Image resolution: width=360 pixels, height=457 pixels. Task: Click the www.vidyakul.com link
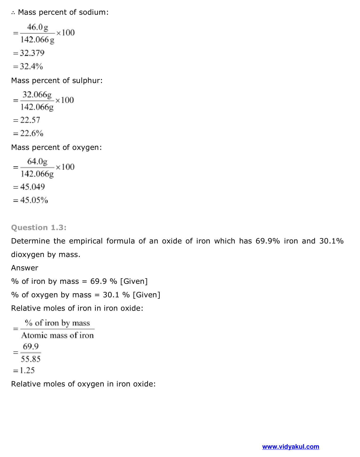click(290, 447)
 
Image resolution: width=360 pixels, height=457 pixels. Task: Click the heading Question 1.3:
click(39, 228)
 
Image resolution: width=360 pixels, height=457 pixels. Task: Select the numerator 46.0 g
click(37, 27)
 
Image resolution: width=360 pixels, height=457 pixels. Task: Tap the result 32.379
click(32, 53)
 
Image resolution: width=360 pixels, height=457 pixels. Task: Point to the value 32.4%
click(31, 66)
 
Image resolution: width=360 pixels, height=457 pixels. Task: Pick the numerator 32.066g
click(37, 95)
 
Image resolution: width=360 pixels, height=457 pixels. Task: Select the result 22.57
click(30, 120)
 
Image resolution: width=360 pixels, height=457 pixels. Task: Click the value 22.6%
click(32, 133)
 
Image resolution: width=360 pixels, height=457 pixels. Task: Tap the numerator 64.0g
click(37, 161)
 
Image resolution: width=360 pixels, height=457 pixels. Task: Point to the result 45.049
click(32, 187)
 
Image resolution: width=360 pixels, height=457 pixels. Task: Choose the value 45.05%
click(34, 200)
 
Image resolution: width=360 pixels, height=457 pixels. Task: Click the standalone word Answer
click(25, 268)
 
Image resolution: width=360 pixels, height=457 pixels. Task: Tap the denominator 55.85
click(31, 359)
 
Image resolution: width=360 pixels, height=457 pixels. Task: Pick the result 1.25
click(27, 371)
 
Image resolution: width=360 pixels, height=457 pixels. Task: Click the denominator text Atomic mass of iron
click(57, 336)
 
